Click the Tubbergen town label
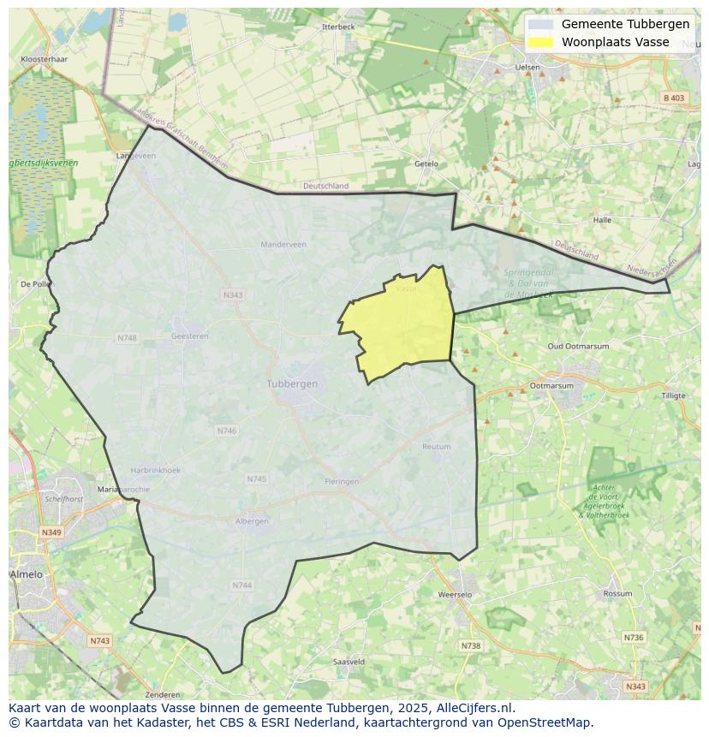point(292,383)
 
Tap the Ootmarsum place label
point(551,386)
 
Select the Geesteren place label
point(189,336)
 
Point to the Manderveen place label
point(283,244)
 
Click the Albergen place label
point(252,520)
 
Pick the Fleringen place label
point(342,481)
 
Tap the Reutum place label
point(436,447)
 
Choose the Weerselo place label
point(454,594)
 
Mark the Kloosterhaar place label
point(44,59)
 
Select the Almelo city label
point(26,574)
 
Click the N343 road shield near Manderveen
point(233,295)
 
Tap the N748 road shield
point(127,338)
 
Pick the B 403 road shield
point(674,98)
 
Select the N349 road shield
point(51,532)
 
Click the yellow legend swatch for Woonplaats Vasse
point(540,43)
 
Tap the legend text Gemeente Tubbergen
point(625,24)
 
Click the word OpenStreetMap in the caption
point(549,722)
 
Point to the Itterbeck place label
point(338,27)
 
